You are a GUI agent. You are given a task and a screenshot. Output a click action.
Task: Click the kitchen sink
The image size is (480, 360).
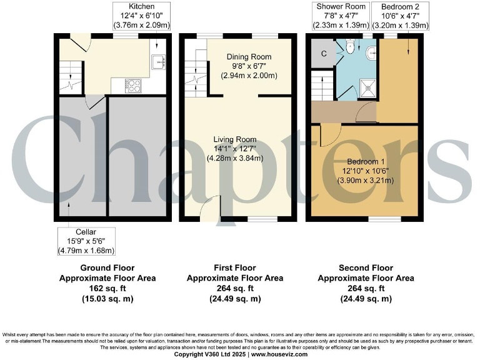click(159, 61)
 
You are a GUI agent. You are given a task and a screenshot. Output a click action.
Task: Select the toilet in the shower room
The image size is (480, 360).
click(351, 46)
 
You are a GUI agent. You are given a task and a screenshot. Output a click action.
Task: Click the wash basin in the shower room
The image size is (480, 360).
click(371, 53)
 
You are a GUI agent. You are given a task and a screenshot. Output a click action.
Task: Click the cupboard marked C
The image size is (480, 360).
click(323, 54)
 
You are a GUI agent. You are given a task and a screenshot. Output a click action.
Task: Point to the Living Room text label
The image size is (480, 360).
click(235, 139)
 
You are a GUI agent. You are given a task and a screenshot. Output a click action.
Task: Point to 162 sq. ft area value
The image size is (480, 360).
click(107, 289)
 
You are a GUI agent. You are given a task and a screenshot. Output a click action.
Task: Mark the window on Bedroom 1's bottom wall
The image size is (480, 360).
click(381, 219)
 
